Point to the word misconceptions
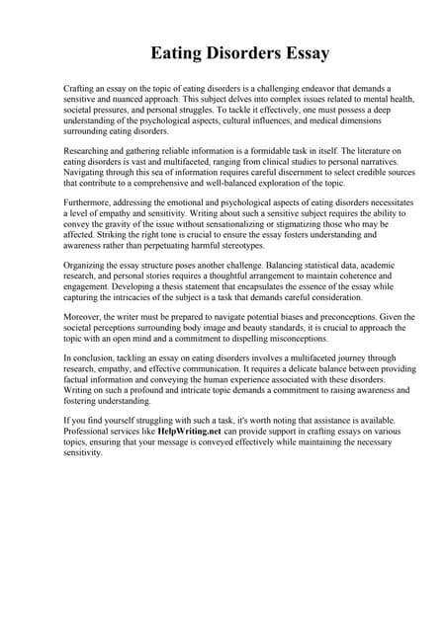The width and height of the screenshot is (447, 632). click(301, 338)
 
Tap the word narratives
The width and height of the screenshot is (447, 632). click(354, 159)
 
